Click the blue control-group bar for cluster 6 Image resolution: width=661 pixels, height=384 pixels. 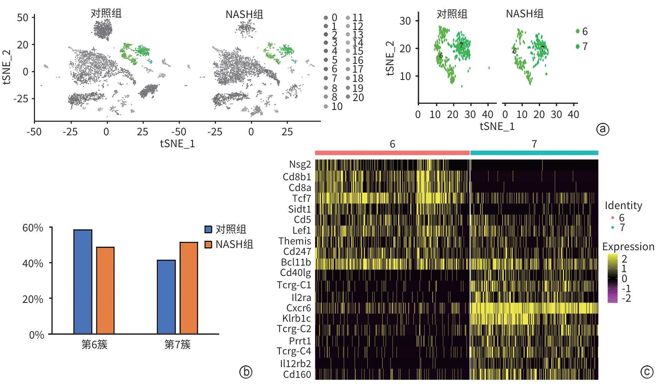click(x=83, y=281)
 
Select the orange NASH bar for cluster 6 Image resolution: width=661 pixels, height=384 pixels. click(x=105, y=290)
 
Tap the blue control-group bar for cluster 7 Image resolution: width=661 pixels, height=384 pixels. click(x=166, y=297)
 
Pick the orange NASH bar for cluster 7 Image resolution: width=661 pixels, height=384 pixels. click(x=189, y=288)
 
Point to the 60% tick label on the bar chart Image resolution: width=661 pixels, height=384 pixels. click(x=33, y=228)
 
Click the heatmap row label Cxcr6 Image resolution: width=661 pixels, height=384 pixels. click(x=299, y=308)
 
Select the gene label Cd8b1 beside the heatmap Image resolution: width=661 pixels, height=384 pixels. click(x=297, y=177)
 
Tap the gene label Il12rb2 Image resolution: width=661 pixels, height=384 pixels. click(x=296, y=363)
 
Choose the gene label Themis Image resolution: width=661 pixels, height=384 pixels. click(x=295, y=241)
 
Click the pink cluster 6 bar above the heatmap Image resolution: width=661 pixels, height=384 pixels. click(x=392, y=153)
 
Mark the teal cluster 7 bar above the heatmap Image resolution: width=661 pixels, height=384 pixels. click(x=534, y=153)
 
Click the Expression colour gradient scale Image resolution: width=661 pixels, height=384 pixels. click(x=612, y=278)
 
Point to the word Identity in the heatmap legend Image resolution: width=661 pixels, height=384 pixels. click(x=623, y=206)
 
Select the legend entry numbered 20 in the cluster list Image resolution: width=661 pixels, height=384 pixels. click(x=358, y=98)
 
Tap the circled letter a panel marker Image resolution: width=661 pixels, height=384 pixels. click(x=602, y=129)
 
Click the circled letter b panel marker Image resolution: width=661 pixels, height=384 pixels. click(x=246, y=372)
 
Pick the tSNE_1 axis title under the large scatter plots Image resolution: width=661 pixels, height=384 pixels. click(x=178, y=144)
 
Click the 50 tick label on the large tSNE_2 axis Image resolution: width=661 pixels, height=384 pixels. click(x=23, y=18)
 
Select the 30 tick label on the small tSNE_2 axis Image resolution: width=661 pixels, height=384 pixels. click(x=405, y=21)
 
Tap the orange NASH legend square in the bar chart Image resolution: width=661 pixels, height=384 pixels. click(x=208, y=244)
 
